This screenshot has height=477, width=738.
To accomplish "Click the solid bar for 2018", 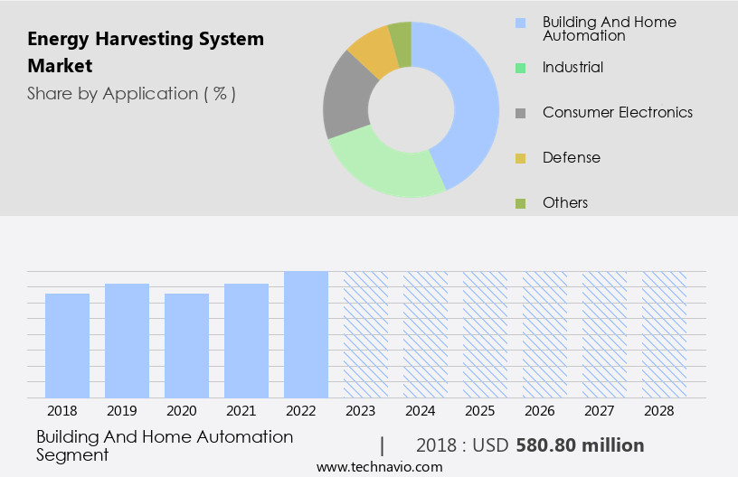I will pos(67,345).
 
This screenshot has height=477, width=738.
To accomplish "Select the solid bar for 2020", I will pos(186,345).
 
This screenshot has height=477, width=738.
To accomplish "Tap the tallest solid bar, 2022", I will pos(306,334).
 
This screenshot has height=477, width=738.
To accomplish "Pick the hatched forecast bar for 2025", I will pos(485,334).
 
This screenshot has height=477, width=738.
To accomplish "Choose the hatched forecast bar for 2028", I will pos(664,334).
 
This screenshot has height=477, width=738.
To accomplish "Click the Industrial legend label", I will pos(572,67).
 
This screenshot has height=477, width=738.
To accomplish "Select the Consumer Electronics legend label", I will pos(618,112).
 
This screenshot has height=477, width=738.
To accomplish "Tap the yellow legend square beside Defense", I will pos(520,158).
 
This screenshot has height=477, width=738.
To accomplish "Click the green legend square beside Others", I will pos(520,203).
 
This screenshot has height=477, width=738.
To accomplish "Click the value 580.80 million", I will pos(580,445).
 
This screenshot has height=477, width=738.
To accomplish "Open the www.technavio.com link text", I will pos(380,466).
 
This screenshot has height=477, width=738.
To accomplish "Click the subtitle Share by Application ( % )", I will pos(131,93).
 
